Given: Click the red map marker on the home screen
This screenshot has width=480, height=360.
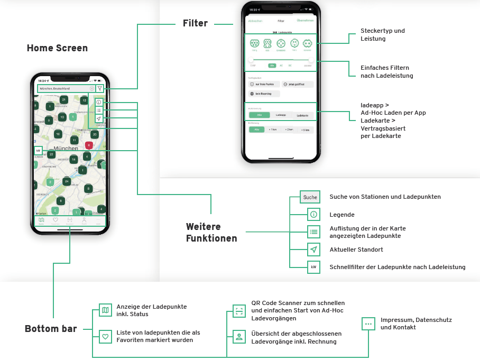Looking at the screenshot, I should [89, 144].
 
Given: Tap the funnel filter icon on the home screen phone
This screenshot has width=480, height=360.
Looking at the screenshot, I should [99, 88].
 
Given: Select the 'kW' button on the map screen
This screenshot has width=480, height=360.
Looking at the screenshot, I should [38, 151].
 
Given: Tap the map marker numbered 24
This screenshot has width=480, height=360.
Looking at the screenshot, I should [66, 181].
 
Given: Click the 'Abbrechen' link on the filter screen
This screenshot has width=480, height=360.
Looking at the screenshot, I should [255, 21].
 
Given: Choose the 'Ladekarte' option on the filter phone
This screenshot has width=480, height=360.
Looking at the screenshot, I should [302, 115].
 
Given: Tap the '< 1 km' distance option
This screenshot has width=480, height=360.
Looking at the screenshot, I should [273, 129].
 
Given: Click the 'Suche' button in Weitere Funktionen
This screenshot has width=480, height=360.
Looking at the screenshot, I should [310, 197].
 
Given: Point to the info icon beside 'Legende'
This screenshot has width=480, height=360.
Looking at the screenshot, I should [313, 215].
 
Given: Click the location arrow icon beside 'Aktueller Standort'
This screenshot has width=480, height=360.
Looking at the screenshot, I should [313, 250].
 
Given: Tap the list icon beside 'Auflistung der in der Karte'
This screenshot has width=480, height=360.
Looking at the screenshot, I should [313, 232].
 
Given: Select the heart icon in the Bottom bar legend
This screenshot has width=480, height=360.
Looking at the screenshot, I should [105, 336].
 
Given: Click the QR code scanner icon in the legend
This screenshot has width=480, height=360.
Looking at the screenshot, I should [239, 311].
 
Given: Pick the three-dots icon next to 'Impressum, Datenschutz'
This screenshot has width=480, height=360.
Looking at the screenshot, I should [368, 324].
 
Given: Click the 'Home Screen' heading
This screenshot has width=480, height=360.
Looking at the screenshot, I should [57, 48].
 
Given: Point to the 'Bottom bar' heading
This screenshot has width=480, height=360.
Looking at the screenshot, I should [51, 329].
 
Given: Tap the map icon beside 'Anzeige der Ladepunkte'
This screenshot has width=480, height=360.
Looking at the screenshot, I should [105, 310].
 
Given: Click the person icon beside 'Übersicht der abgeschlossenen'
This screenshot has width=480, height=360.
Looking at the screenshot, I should [239, 336].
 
